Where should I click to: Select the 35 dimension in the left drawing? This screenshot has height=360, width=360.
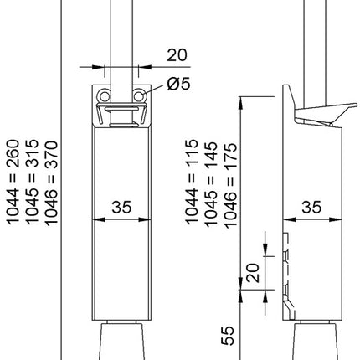[123, 205]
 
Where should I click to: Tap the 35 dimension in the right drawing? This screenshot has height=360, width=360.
[311, 205]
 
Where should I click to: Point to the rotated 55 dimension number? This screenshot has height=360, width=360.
[229, 336]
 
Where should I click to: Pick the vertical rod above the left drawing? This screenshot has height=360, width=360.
[122, 33]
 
